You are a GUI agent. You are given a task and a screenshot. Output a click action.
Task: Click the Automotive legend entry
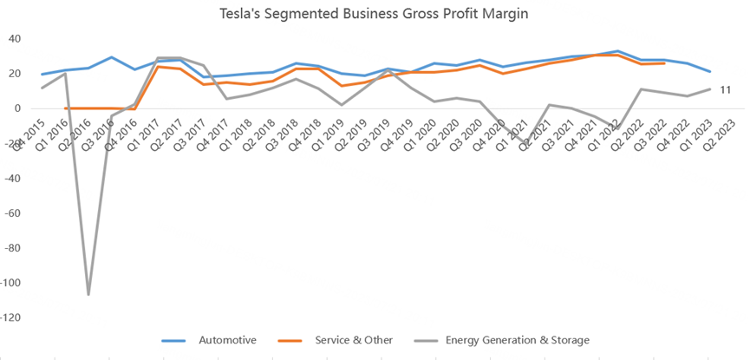[x=227, y=340]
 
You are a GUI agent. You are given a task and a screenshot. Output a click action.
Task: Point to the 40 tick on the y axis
[x=16, y=39]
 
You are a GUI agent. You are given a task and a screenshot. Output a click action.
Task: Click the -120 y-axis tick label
[x=12, y=318]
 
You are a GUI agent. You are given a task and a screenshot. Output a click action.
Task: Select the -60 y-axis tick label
[x=14, y=213]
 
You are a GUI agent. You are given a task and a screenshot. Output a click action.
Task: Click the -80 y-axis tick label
[x=14, y=248]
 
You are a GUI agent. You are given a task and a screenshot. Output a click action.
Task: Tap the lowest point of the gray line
[x=88, y=295]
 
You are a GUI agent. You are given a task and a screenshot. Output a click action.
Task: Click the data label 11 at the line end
[x=727, y=90]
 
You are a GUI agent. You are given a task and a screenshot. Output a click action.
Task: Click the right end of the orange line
[x=664, y=63]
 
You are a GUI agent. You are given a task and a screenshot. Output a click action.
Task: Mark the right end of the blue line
[x=709, y=71]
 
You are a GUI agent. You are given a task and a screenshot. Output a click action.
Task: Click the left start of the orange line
[x=66, y=108]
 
